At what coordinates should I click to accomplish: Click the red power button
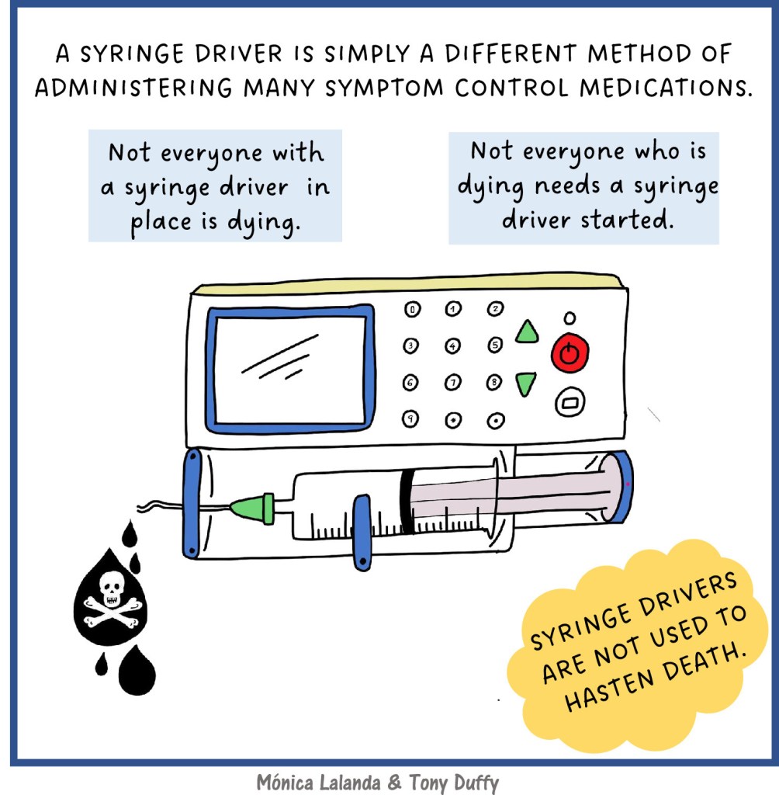pos(570,352)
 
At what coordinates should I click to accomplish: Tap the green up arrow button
pos(527,332)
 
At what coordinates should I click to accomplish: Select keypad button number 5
pos(495,345)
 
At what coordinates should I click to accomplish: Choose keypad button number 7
pos(452,382)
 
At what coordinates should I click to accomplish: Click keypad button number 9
pos(410,418)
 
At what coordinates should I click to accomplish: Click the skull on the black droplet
pos(111,588)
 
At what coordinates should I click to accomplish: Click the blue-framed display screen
pos(290,369)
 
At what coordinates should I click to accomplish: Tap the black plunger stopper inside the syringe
pos(407,502)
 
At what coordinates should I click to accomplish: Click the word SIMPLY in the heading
pos(367,54)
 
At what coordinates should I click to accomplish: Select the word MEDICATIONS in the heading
pos(666,88)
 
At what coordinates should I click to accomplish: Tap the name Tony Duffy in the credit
pos(454,783)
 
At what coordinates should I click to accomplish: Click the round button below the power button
pos(570,403)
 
